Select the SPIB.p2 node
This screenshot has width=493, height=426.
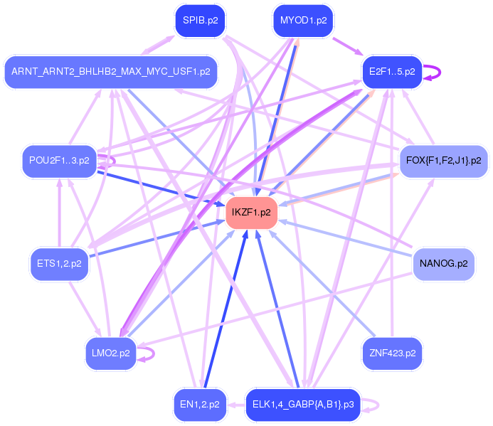[x=200, y=21]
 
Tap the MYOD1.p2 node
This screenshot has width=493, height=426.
[x=304, y=21]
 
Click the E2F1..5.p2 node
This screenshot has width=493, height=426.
[x=392, y=72]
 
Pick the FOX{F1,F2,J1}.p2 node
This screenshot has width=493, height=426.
[x=443, y=161]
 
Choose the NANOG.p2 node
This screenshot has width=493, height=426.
[x=443, y=264]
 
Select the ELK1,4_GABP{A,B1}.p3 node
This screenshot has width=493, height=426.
[x=303, y=405]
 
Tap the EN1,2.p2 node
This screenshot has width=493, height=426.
[x=200, y=405]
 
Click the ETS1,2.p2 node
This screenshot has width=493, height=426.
[x=59, y=264]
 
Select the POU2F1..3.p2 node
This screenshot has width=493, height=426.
[x=59, y=161]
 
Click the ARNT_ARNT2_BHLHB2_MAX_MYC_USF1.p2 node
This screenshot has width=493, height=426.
[x=110, y=72]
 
